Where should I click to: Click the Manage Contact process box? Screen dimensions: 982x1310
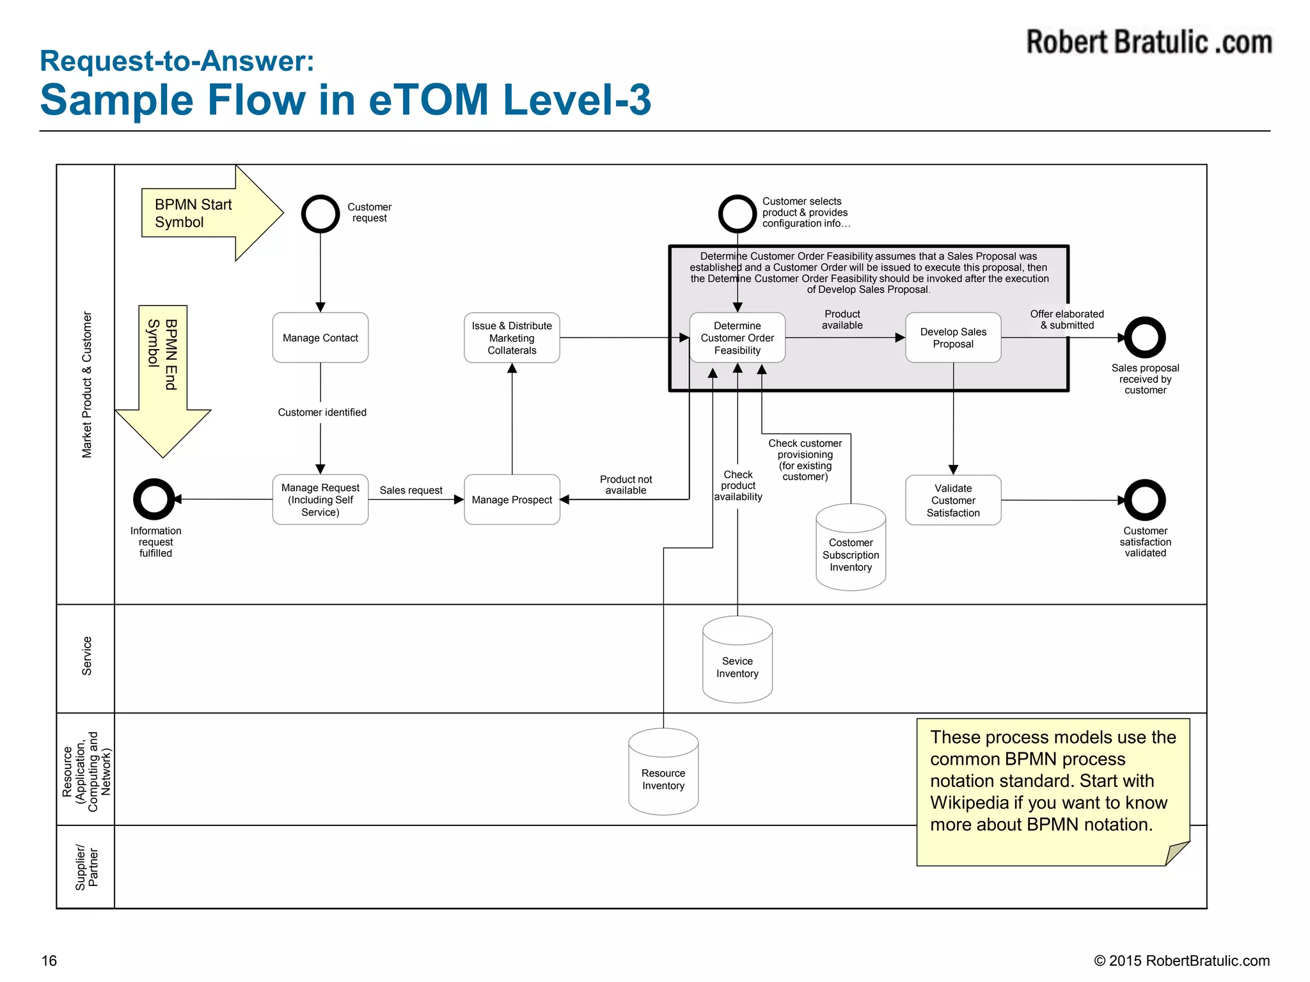click(320, 338)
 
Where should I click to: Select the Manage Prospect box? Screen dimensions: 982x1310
click(512, 499)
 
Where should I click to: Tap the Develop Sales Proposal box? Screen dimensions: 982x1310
click(952, 338)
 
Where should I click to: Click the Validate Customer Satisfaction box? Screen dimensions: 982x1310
click(952, 500)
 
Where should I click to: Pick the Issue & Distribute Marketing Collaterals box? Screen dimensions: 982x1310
click(512, 338)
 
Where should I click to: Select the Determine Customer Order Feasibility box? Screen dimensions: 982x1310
click(737, 338)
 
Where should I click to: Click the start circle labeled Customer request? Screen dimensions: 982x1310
click(320, 214)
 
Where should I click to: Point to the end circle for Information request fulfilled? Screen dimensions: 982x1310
click(154, 499)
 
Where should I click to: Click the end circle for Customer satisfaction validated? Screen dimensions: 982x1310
click(1144, 500)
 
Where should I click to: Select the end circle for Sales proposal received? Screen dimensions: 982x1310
click(1144, 338)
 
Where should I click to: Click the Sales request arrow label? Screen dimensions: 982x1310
click(411, 490)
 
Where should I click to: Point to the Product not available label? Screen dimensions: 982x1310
click(625, 485)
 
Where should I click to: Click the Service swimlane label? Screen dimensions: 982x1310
click(86, 656)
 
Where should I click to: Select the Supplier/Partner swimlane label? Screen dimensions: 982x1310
click(86, 867)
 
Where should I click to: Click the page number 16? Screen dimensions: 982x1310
click(49, 960)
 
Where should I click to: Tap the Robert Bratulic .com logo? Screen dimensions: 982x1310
click(1149, 42)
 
